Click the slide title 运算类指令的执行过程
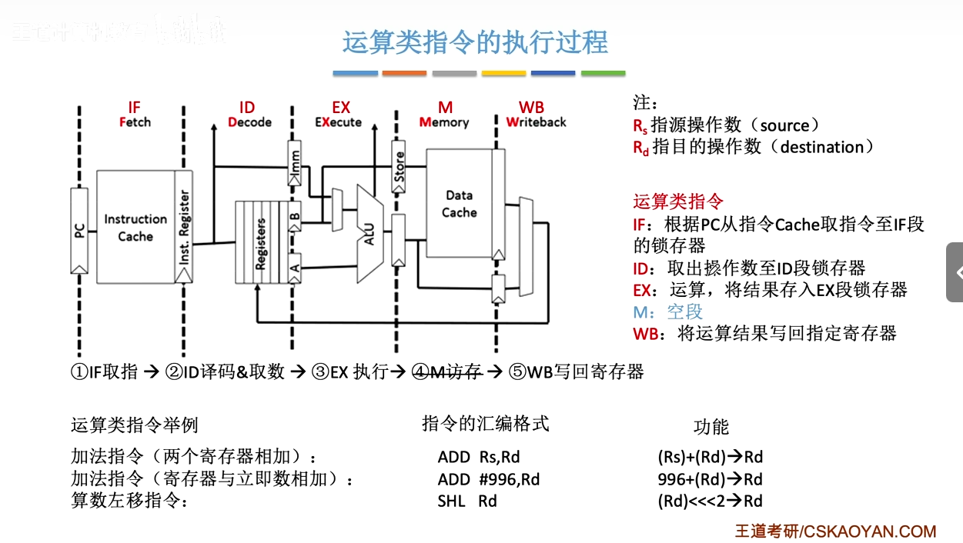click(475, 42)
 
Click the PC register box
click(79, 229)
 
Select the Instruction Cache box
click(135, 228)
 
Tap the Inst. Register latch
click(184, 228)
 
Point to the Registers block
click(260, 243)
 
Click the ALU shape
click(369, 232)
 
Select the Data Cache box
click(460, 204)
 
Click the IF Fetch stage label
click(135, 115)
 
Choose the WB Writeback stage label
click(535, 115)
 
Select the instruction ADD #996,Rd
click(488, 479)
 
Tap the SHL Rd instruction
click(467, 501)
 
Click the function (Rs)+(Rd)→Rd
click(710, 457)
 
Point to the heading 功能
click(711, 428)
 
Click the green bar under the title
click(603, 73)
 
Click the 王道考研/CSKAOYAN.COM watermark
click(835, 531)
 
